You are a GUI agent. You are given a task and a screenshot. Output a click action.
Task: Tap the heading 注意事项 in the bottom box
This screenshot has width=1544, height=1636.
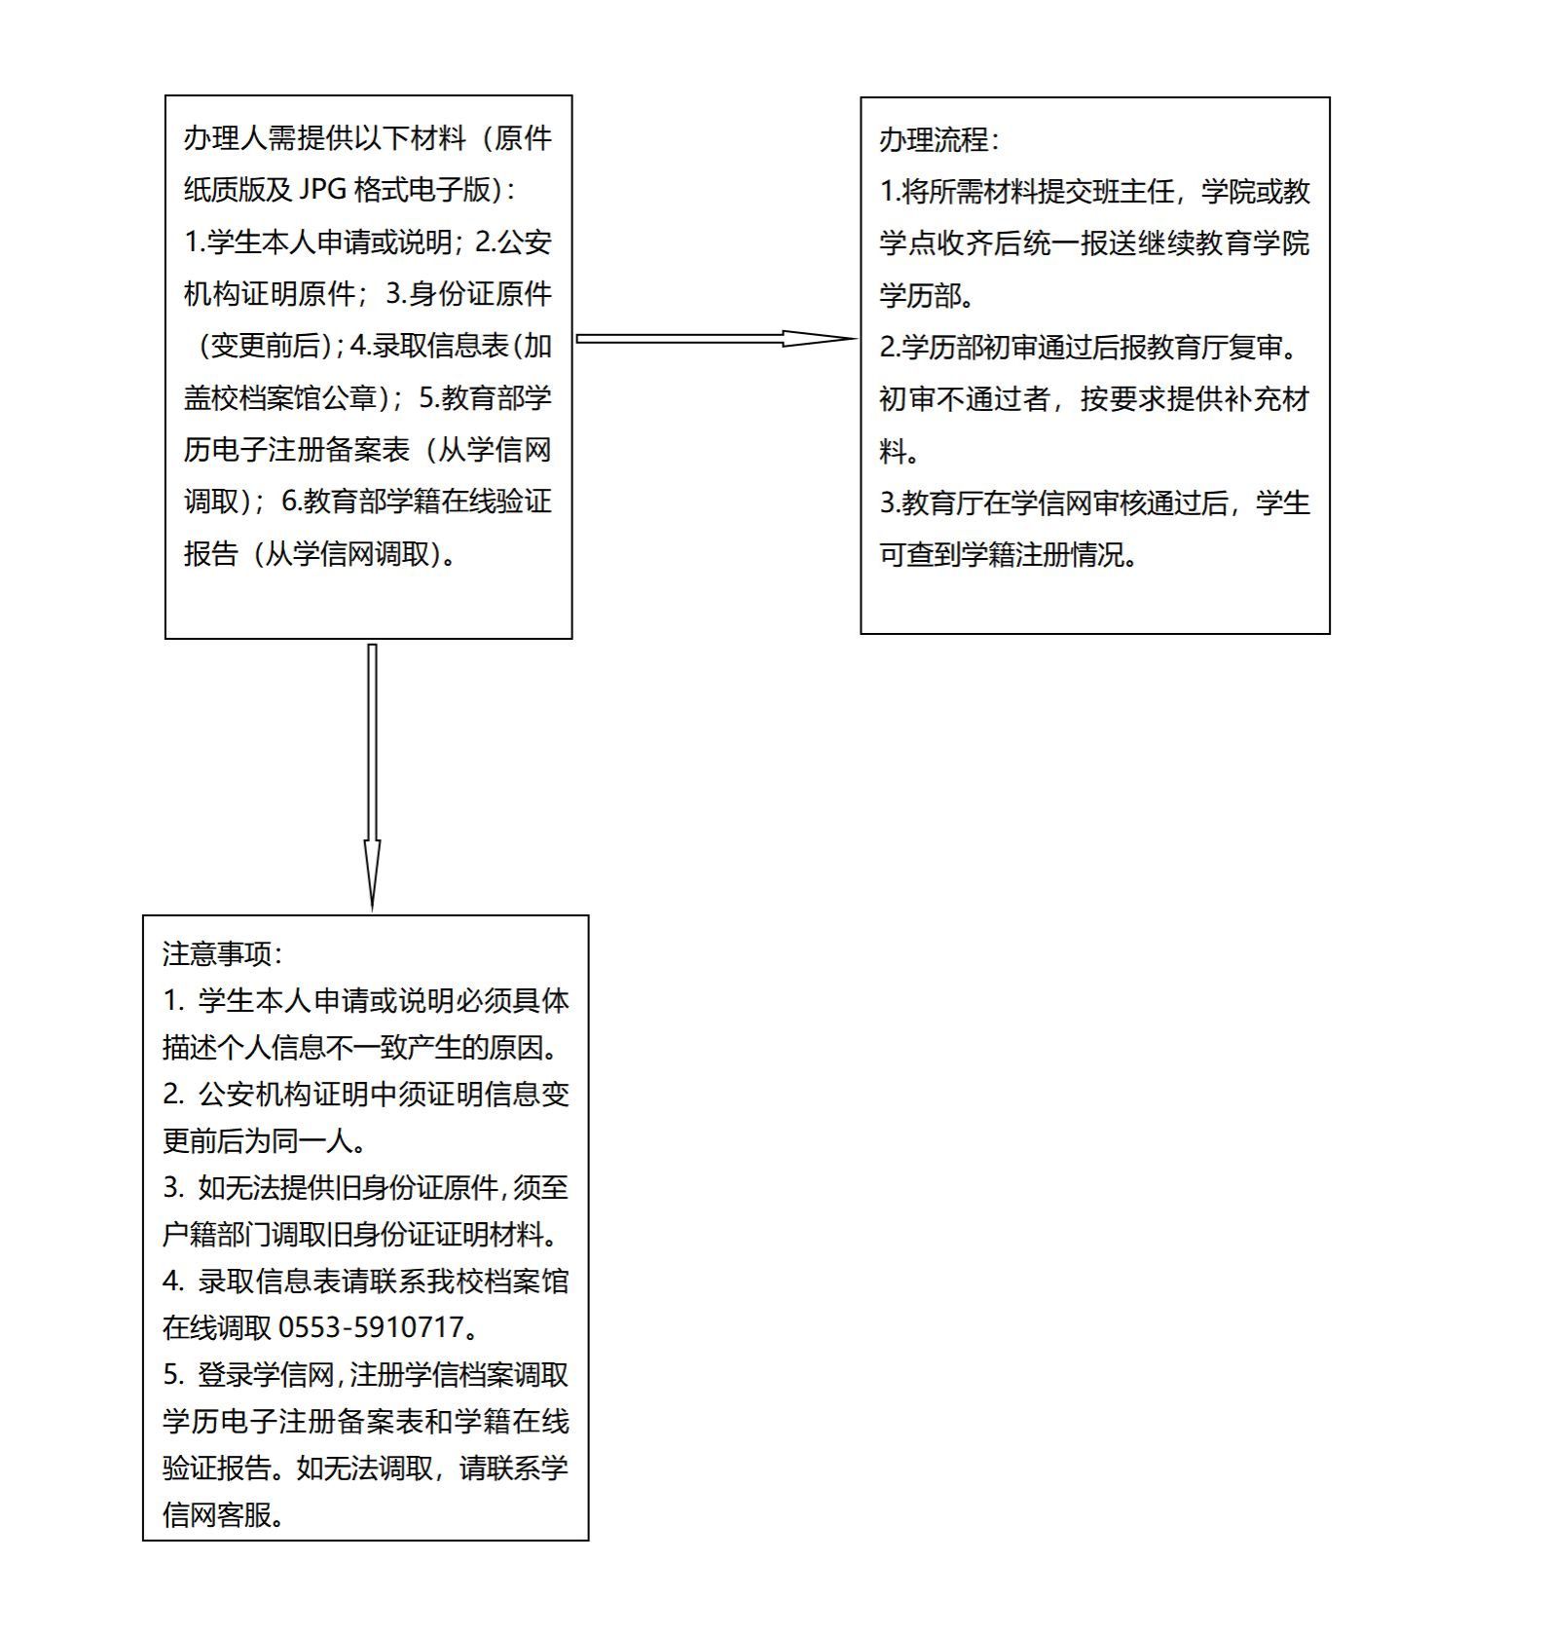click(216, 953)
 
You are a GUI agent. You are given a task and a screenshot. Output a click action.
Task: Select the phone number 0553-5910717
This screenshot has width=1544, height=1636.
click(371, 1327)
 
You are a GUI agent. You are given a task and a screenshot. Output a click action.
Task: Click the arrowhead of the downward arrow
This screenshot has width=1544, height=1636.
click(372, 874)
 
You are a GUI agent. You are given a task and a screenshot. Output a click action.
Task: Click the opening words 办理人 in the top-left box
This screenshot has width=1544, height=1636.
click(225, 138)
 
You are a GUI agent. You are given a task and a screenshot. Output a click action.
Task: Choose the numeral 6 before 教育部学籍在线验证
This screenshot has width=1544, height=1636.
click(289, 502)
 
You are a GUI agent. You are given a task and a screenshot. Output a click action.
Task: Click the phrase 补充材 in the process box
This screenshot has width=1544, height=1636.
click(1269, 399)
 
